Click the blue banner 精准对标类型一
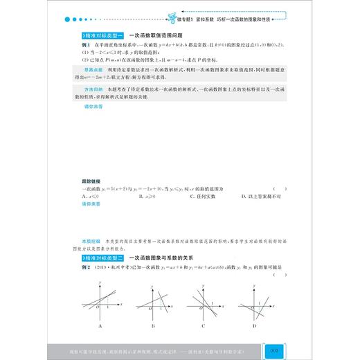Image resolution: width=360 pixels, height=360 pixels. pos(102,33)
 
